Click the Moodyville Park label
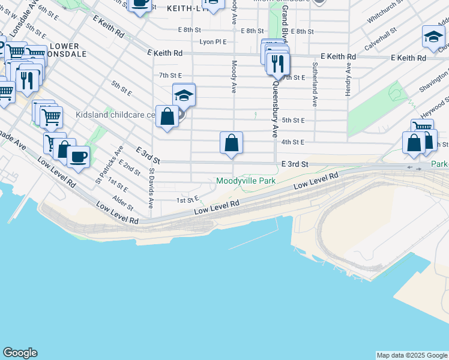point(245,181)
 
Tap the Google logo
point(20,353)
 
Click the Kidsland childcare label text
point(114,114)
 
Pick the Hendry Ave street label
point(348,76)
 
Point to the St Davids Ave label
point(151,186)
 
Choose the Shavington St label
point(433,80)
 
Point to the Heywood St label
point(435,109)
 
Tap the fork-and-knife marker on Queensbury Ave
point(277,64)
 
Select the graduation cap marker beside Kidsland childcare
point(184,95)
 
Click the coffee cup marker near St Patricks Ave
point(77,157)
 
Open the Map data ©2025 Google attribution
point(412,355)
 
